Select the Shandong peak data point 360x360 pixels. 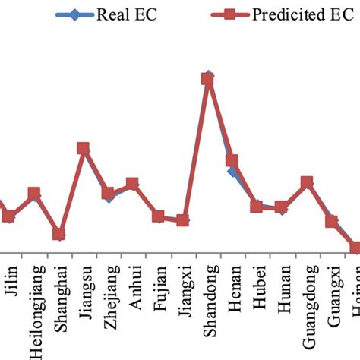click(207, 79)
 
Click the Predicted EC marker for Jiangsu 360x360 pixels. click(83, 149)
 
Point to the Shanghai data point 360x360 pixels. click(58, 234)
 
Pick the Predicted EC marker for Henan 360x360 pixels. click(232, 161)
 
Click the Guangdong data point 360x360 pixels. click(307, 183)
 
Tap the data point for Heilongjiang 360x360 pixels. click(33, 194)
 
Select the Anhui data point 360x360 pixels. click(132, 184)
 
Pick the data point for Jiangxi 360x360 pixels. click(182, 220)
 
